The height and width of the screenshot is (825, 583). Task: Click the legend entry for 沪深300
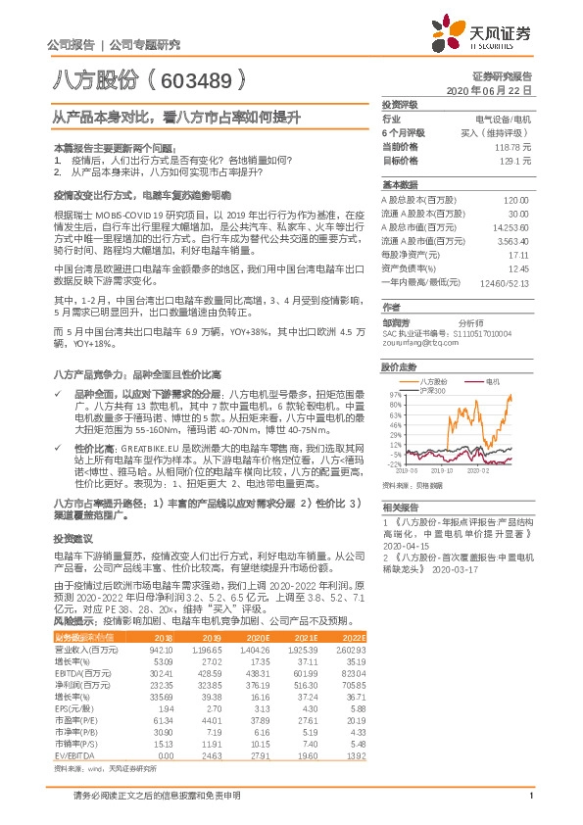[433, 389]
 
